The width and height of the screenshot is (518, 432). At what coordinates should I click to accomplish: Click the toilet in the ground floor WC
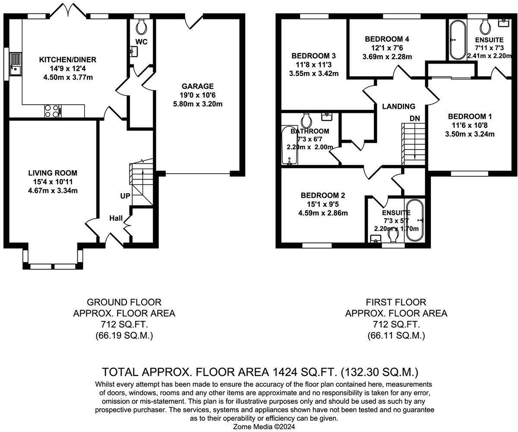[141, 27]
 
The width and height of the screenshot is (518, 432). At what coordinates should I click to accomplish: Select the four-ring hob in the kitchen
[52, 111]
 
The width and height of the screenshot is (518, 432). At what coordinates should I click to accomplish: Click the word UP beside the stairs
[125, 196]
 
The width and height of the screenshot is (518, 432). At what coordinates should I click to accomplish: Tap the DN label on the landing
[414, 118]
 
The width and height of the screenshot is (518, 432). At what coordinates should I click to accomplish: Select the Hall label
[116, 218]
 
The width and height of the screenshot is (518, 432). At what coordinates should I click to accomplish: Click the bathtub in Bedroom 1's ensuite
[455, 40]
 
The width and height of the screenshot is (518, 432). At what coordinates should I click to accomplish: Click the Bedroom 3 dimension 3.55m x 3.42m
[314, 73]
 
